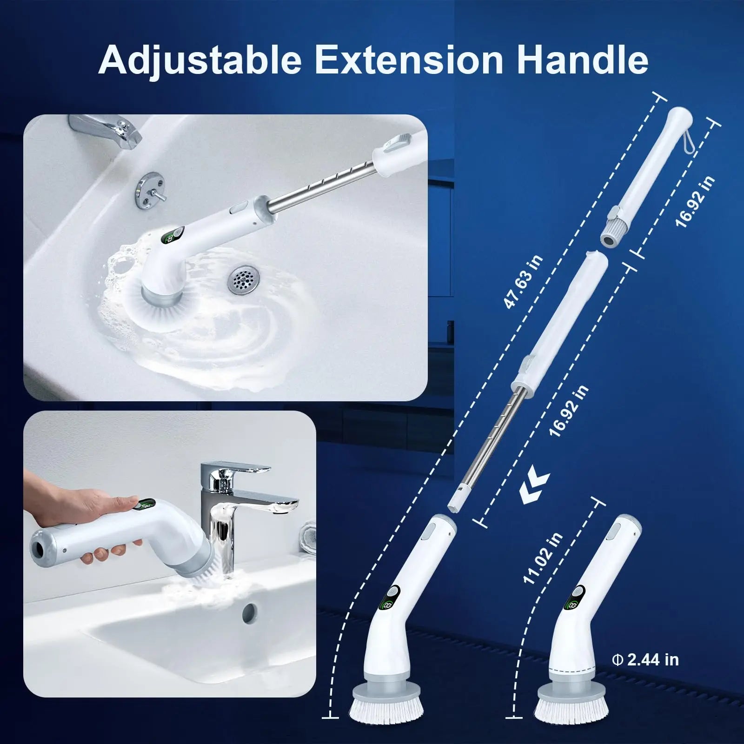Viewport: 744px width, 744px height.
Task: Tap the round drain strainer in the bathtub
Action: [242, 279]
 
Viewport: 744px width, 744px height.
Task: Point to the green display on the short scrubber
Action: [571, 605]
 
